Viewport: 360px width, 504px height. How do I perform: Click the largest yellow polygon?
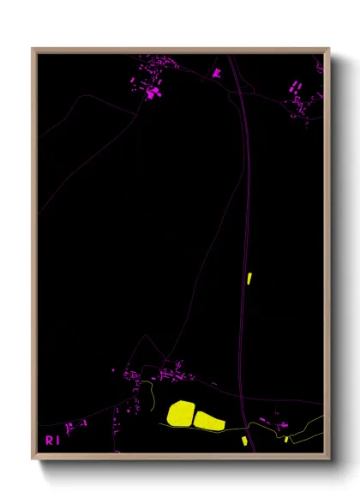pos(181,413)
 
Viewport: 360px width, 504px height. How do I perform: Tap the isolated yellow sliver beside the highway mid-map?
pos(249,278)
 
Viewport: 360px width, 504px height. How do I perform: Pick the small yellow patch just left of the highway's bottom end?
pos(244,441)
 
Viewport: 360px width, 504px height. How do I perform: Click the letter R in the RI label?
pos(49,441)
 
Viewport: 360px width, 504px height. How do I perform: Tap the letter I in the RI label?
pos(57,441)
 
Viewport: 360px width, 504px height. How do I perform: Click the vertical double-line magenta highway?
pos(243,214)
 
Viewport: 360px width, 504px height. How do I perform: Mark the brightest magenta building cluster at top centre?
pos(153,91)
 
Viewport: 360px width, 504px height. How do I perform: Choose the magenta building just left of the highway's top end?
pos(217,73)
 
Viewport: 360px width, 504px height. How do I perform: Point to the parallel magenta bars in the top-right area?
pos(294,86)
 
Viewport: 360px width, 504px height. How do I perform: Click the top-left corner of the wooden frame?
pos(33,50)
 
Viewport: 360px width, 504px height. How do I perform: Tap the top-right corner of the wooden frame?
pos(328,50)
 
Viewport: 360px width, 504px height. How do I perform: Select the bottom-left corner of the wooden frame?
pos(33,458)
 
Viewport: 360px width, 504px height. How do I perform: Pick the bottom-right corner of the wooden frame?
pos(328,458)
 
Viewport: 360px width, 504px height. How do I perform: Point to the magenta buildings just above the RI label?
pos(77,424)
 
